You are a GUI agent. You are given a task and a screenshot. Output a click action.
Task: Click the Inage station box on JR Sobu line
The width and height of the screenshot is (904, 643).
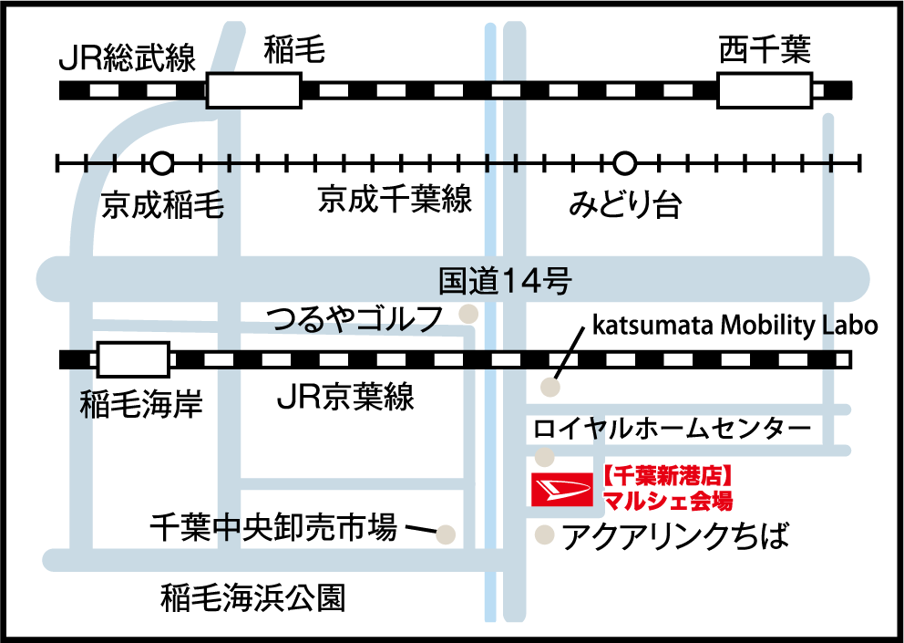click(x=253, y=90)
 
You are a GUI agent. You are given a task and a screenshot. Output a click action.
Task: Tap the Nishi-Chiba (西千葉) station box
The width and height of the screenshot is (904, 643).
click(x=765, y=90)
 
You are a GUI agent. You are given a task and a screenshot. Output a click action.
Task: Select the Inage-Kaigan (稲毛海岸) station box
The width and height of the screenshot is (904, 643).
click(x=133, y=359)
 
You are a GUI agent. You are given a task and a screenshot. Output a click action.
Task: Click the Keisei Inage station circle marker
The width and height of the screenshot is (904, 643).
click(x=162, y=164)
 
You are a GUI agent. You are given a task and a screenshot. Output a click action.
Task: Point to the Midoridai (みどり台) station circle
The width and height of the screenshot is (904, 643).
click(x=624, y=164)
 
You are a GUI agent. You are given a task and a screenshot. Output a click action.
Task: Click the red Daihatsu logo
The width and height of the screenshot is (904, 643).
click(x=562, y=490)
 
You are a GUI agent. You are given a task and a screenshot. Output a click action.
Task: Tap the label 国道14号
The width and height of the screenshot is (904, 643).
click(x=505, y=281)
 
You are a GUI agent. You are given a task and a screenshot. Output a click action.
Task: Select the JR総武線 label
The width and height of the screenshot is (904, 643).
click(x=128, y=57)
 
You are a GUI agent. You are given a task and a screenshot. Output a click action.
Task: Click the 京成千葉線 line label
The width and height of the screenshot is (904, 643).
click(x=395, y=199)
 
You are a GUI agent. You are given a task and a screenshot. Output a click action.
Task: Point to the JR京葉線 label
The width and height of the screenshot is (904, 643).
click(x=345, y=397)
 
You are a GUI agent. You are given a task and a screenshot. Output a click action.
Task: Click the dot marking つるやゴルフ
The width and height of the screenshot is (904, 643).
click(x=468, y=314)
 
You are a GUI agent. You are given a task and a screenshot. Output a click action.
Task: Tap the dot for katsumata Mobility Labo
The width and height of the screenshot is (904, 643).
click(x=550, y=388)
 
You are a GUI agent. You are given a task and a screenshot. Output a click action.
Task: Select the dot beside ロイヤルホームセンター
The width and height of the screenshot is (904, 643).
click(x=544, y=457)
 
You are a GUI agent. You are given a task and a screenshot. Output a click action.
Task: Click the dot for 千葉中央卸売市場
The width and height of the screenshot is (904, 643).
click(x=445, y=534)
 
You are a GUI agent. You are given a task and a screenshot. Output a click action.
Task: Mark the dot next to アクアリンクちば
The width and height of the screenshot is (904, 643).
click(x=544, y=534)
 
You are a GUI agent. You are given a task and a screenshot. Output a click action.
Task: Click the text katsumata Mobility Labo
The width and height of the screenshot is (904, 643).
click(x=735, y=326)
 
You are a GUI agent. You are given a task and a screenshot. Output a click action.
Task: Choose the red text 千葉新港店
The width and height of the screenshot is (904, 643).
click(x=668, y=477)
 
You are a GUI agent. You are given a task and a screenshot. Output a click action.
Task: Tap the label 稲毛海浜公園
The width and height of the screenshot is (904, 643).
click(x=253, y=598)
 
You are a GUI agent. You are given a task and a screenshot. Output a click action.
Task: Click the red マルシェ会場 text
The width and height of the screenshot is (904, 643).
click(x=668, y=500)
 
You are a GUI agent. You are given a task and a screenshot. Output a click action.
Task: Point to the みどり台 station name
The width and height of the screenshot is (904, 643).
click(x=625, y=203)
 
